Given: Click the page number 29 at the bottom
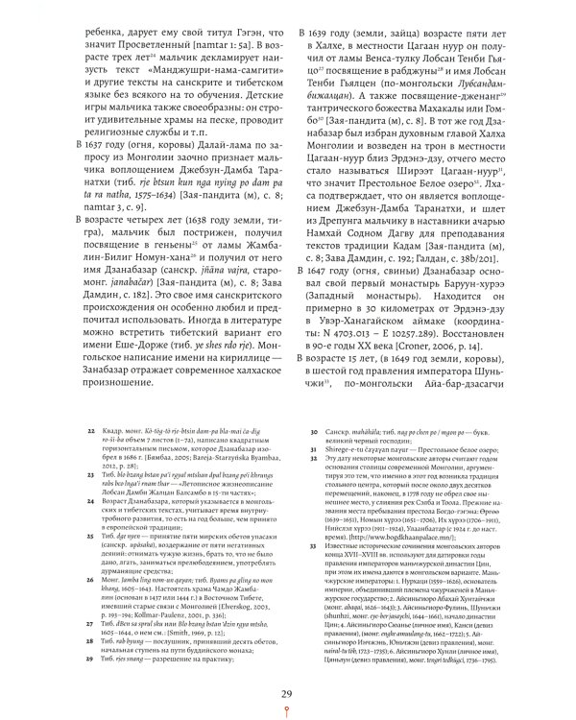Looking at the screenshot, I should [x=287, y=695].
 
